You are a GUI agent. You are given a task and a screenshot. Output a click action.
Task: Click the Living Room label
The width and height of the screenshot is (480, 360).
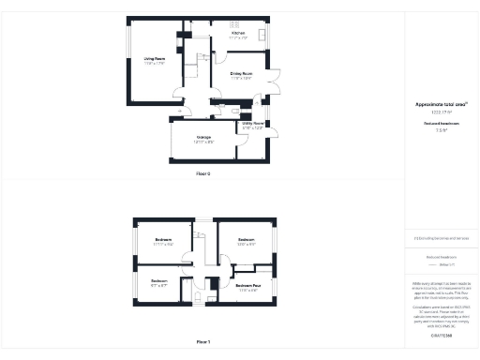point(155,59)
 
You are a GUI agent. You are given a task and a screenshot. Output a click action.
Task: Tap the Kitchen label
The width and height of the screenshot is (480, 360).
point(239,33)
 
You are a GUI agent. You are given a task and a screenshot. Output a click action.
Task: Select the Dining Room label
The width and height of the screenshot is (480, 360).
point(241,72)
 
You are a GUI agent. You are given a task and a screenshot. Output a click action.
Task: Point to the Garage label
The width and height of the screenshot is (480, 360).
point(202,138)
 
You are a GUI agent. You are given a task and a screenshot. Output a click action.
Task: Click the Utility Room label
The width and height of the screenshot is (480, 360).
point(253,123)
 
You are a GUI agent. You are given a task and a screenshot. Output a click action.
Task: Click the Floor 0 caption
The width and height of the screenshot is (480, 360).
point(203,174)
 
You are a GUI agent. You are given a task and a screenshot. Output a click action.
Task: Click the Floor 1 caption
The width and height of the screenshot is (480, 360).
point(203,342)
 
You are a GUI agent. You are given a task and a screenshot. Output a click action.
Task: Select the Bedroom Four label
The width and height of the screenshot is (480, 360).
point(248,285)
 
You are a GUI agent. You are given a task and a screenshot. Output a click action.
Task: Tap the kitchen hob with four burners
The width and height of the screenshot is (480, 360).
point(235,24)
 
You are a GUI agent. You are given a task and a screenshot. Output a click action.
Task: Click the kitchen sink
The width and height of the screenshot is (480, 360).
point(263,36)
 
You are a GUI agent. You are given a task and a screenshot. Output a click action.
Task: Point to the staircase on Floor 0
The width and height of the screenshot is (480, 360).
point(199,67)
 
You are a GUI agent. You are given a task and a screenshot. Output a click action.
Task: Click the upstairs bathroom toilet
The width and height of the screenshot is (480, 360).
point(200,297)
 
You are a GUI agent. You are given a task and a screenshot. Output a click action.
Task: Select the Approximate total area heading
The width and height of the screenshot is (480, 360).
point(441,104)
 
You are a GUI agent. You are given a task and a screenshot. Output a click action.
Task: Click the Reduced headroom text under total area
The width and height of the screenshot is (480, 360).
point(441,123)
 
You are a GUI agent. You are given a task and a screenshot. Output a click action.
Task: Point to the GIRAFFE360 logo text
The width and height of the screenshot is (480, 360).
point(441,335)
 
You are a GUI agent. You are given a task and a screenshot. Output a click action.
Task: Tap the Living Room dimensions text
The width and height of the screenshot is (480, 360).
point(155,65)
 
